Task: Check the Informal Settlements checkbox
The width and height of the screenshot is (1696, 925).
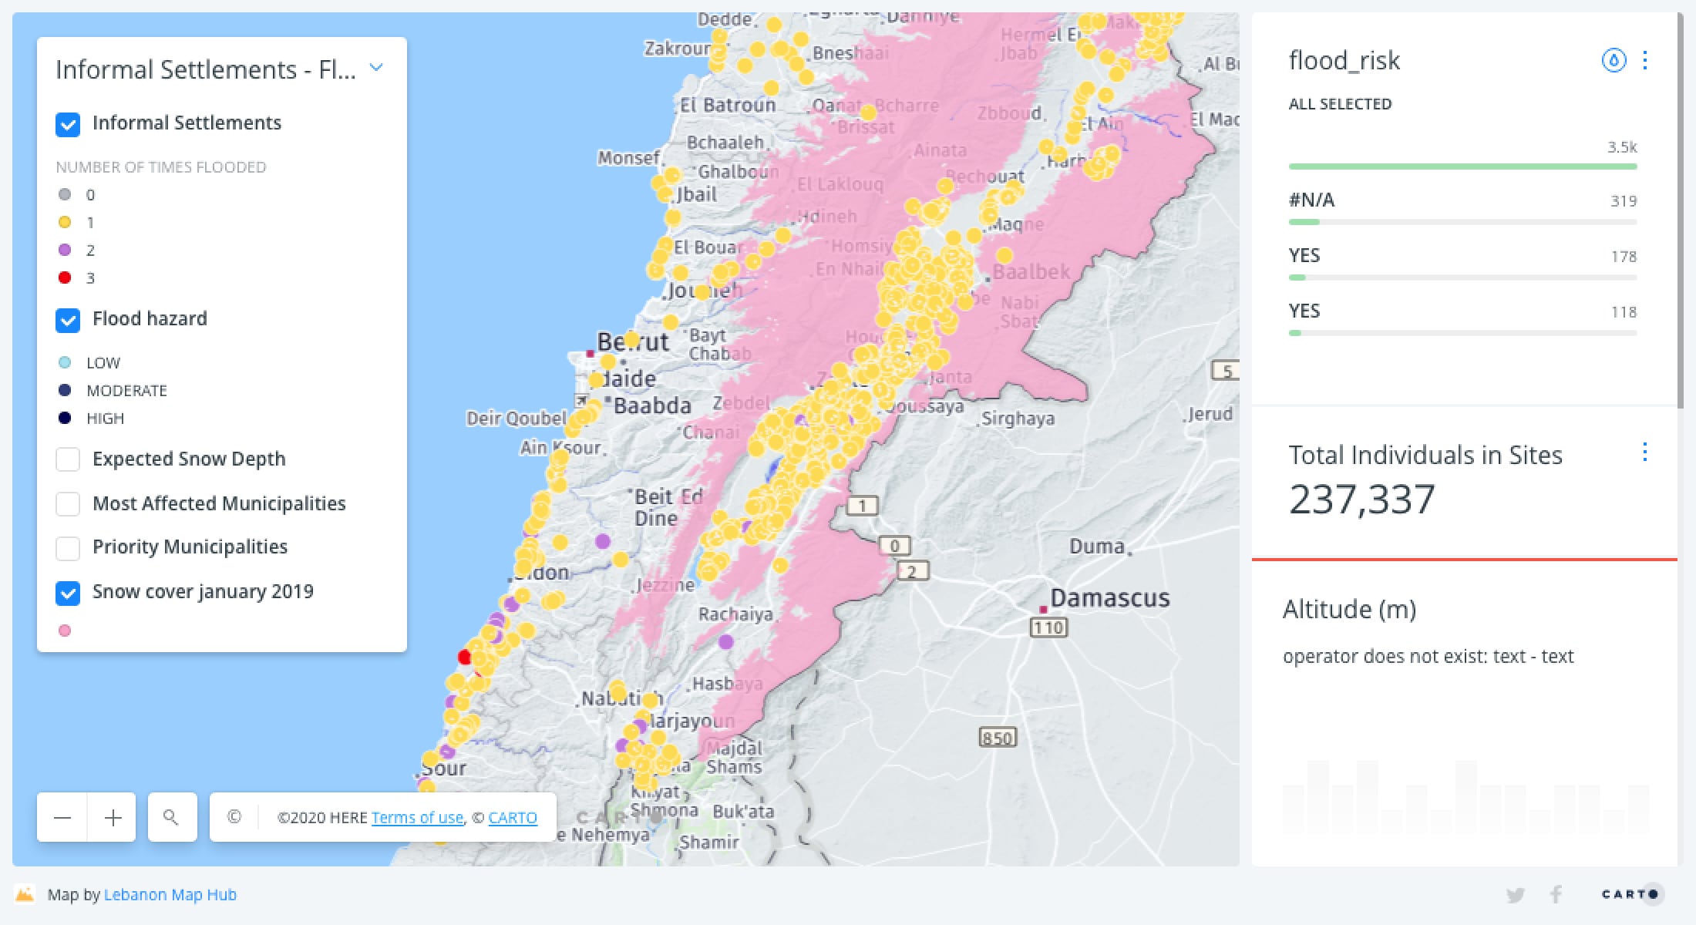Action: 68,124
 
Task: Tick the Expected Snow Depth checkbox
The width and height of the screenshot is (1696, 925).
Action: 68,459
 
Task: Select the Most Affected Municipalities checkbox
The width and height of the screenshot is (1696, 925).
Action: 68,504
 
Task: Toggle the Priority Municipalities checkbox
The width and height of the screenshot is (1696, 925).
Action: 68,548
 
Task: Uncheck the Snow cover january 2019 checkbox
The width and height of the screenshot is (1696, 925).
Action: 68,593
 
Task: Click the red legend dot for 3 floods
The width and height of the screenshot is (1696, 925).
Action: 65,277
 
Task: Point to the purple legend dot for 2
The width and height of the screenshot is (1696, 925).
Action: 65,250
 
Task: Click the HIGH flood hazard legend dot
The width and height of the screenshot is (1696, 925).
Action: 65,418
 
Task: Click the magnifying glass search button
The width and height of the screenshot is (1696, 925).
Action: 171,817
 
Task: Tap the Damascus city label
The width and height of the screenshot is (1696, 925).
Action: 1109,597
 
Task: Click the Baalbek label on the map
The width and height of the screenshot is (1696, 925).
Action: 1031,272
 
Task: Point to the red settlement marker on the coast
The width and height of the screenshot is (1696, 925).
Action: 464,657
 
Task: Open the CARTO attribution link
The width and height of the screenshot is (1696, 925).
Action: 513,817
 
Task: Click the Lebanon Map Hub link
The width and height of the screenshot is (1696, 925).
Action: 170,894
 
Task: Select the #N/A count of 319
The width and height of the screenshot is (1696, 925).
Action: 1623,201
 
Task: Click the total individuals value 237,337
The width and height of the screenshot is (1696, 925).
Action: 1362,499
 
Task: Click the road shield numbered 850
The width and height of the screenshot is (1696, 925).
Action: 998,738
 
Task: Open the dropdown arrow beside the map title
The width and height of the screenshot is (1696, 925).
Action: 376,68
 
